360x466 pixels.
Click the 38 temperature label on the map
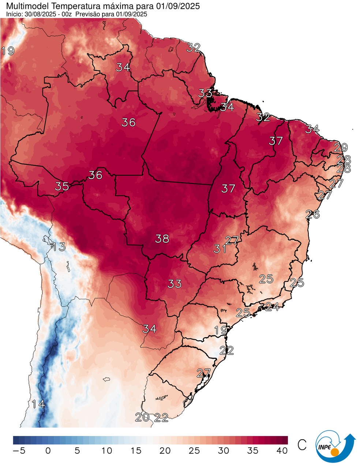click(162, 239)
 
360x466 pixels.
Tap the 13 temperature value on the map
click(59, 247)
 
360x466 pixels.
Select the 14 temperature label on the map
click(38, 405)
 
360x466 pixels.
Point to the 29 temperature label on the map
click(341, 148)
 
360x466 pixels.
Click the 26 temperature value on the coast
click(313, 214)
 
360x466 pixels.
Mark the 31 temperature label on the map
click(220, 249)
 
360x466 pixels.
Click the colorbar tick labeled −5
click(19, 451)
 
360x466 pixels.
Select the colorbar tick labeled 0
click(48, 451)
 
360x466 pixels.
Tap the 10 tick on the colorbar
click(106, 451)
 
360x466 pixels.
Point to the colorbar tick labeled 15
click(136, 451)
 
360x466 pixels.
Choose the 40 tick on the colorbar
click(282, 451)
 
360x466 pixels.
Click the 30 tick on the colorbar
click(224, 451)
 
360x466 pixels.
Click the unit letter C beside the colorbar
click(302, 445)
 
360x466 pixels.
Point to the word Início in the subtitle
click(14, 14)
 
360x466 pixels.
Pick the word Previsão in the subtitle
click(92, 14)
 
